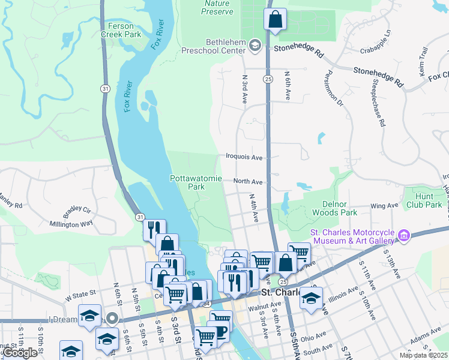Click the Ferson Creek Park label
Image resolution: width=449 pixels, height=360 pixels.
[x=124, y=30]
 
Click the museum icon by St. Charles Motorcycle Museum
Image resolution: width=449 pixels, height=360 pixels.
[x=403, y=235]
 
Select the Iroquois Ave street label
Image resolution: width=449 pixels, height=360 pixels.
[x=244, y=157]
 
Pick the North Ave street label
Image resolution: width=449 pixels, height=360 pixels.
[x=248, y=181]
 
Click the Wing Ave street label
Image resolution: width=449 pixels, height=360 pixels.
[x=385, y=205]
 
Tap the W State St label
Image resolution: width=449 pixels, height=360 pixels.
[x=80, y=295]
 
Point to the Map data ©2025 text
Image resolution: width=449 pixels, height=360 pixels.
[x=423, y=355]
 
